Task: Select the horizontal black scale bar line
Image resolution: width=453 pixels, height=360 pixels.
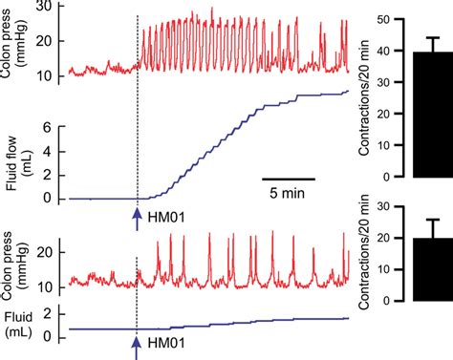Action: (x=289, y=178)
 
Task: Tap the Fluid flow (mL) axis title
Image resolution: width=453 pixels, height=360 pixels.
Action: (x=14, y=160)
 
